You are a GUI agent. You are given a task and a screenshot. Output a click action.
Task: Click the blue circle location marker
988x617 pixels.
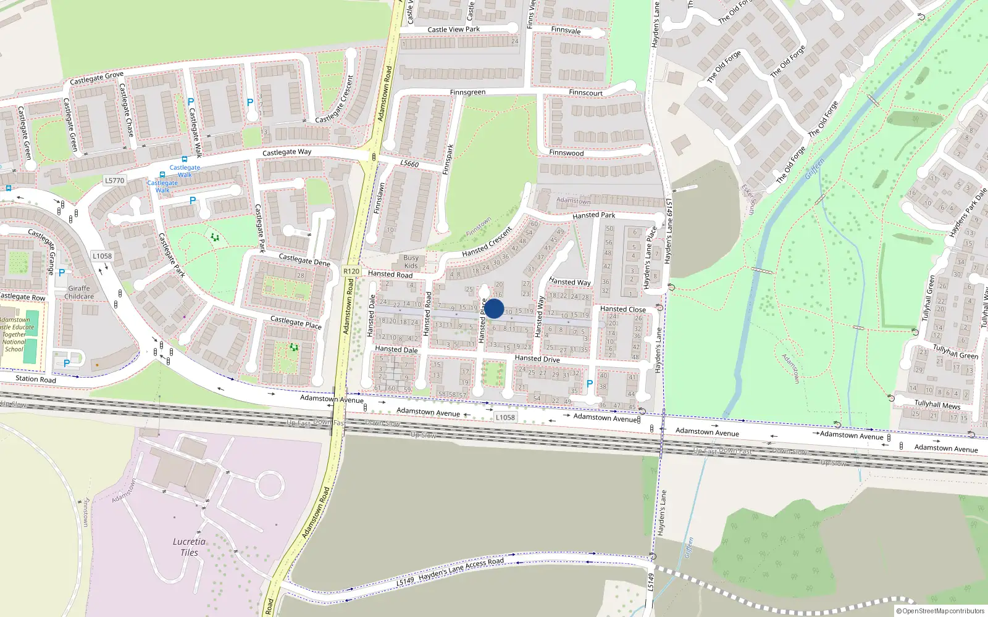tap(494, 309)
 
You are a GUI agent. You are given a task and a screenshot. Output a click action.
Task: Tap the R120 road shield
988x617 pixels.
tap(351, 271)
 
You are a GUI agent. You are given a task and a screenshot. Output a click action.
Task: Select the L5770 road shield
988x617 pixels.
tap(114, 181)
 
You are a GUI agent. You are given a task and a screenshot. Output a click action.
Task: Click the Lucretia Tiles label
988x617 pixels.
tap(190, 547)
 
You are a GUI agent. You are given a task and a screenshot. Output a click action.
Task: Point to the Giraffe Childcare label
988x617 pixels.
tap(79, 292)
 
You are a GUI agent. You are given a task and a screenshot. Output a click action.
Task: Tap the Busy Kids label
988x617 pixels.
tap(411, 262)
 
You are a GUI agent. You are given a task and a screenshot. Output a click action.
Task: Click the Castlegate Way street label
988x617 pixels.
tap(287, 152)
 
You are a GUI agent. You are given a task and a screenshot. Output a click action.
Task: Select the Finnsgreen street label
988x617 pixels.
tap(467, 93)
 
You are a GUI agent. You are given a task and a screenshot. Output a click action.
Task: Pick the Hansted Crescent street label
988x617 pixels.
tap(487, 242)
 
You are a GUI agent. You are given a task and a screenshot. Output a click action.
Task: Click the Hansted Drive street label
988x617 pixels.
tap(537, 358)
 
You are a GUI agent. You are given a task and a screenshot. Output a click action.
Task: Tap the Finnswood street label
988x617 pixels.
tap(566, 152)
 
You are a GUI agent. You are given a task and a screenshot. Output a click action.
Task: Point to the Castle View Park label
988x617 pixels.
tap(453, 29)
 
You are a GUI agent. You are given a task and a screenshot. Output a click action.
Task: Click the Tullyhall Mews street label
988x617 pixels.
tap(937, 404)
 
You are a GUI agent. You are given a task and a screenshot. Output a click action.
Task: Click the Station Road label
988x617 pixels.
tap(35, 379)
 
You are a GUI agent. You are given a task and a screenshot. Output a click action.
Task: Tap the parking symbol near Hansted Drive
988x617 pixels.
tap(590, 384)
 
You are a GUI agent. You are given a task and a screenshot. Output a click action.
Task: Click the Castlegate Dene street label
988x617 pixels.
tap(304, 260)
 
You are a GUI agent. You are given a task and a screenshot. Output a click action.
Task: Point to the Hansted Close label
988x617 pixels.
tap(622, 309)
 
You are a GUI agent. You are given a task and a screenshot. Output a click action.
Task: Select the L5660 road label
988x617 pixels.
tap(409, 164)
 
